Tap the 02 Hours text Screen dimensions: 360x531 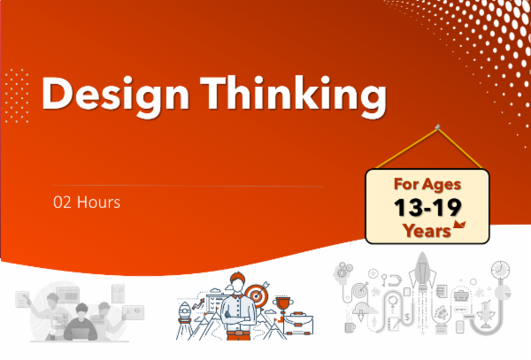pos(86,202)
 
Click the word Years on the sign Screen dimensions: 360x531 pos(423,229)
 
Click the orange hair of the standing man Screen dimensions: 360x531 pos(236,278)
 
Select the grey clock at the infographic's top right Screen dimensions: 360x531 pos(501,268)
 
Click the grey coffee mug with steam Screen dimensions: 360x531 pos(350,326)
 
